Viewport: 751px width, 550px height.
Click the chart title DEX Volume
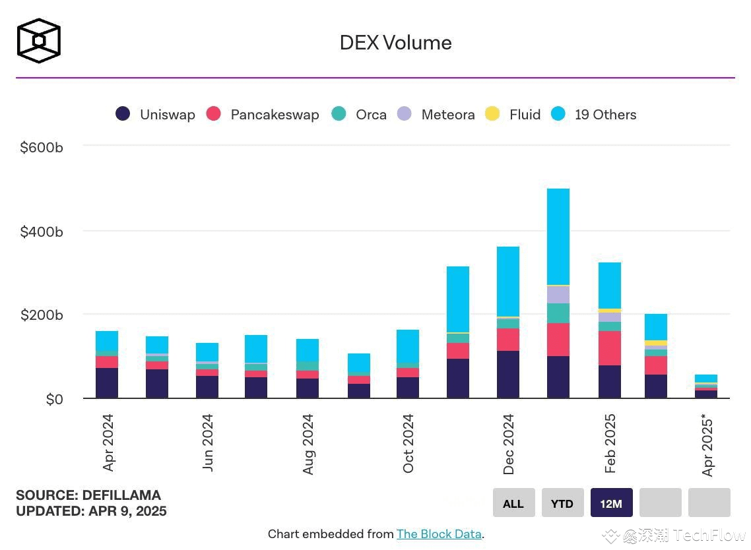pos(395,43)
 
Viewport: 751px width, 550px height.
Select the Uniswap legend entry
pos(156,114)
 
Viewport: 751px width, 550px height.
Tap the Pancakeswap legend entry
pos(263,114)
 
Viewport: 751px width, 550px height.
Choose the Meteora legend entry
pos(436,114)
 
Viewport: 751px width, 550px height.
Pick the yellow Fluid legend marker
pos(492,114)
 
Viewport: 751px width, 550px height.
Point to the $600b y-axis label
pos(41,147)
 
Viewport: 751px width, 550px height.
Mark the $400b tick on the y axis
pos(41,231)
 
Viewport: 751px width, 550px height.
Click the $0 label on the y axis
pos(54,399)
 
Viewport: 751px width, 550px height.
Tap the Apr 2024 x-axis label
pos(108,443)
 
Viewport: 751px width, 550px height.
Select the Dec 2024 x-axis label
pos(508,444)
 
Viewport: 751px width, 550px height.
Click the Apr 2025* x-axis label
pos(708,444)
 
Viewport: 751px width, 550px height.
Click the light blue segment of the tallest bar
pos(558,236)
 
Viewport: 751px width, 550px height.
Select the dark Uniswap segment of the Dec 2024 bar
pos(508,375)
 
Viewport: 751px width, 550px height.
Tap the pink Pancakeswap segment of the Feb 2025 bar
pos(609,348)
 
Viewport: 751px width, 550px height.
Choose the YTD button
pos(562,503)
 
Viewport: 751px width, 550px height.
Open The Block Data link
pos(439,534)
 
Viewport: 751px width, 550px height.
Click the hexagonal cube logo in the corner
pos(39,41)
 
